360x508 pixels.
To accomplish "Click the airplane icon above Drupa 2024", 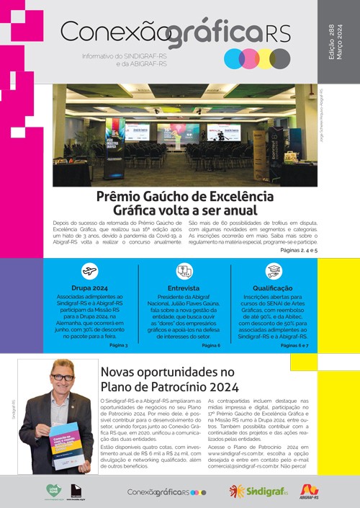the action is click(90, 272).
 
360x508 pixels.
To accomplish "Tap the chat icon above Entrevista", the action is click(184, 271).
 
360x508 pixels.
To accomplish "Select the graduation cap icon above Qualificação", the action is click(274, 271).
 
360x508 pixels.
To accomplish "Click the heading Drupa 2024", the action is click(91, 288).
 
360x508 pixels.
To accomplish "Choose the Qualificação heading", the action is click(274, 288).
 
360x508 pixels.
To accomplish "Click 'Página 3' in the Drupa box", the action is click(118, 346).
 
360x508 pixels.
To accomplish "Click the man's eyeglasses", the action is click(63, 377).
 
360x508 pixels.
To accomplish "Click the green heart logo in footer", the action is click(53, 491).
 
